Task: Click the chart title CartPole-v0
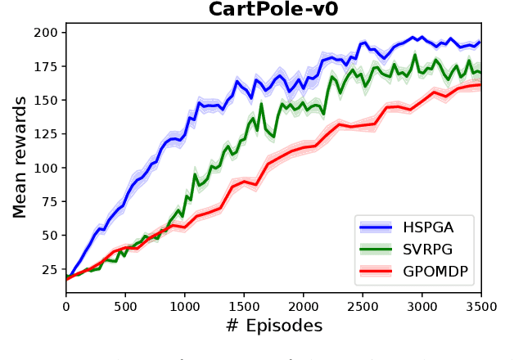(274, 9)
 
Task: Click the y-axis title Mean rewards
(19, 156)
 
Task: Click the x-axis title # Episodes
(273, 326)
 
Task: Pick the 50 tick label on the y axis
(51, 236)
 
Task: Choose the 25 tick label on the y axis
(51, 269)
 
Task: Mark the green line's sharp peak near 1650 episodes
(262, 104)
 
